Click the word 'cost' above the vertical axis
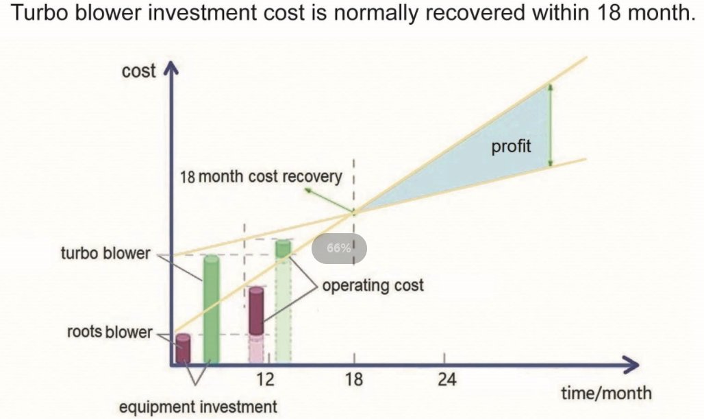pyautogui.click(x=139, y=71)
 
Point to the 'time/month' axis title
pyautogui.click(x=606, y=393)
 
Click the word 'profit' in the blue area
pyautogui.click(x=511, y=147)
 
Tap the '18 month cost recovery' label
pyautogui.click(x=260, y=176)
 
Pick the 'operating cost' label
pyautogui.click(x=373, y=285)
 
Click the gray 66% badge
pyautogui.click(x=339, y=249)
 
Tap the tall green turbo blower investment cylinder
pyautogui.click(x=212, y=309)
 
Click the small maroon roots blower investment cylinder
pyautogui.click(x=183, y=348)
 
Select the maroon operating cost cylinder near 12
pyautogui.click(x=256, y=311)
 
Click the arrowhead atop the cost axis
pyautogui.click(x=171, y=68)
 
